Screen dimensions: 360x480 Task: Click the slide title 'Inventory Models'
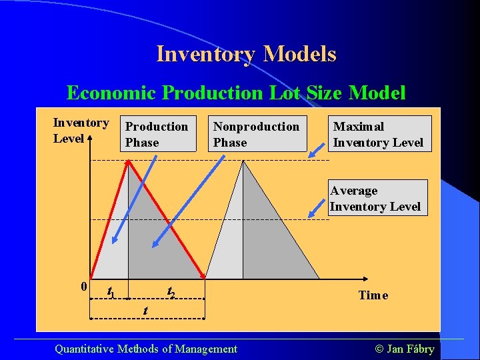point(246,54)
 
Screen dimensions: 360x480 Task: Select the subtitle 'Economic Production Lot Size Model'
point(236,93)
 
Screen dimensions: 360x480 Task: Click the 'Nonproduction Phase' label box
point(257,134)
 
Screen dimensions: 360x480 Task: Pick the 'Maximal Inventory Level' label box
point(379,134)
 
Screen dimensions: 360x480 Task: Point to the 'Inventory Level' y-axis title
point(80,130)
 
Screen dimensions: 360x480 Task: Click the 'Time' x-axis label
point(373,295)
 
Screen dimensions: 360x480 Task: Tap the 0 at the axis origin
point(83,287)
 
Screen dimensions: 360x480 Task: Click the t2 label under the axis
point(171,292)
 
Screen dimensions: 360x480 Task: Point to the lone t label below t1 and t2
point(145,311)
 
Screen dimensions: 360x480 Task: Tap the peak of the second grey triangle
point(243,162)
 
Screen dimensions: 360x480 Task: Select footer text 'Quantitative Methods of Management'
point(145,349)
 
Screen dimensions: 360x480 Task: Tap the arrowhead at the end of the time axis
point(369,278)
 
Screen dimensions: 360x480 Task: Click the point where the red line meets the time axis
point(205,277)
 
